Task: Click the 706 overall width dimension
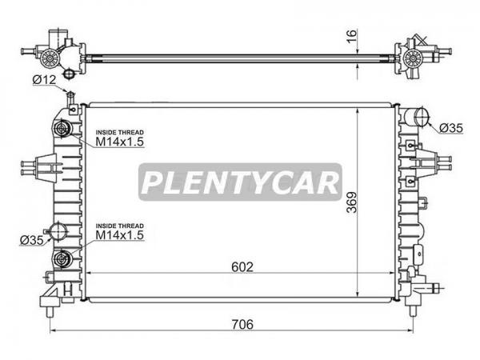coord(242,325)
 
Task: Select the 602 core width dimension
coord(242,267)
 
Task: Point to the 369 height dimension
coord(352,202)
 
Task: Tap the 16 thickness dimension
coord(352,37)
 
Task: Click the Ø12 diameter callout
coord(44,80)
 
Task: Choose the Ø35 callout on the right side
coord(451,128)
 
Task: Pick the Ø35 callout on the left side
coord(32,240)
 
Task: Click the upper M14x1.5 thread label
coord(120,142)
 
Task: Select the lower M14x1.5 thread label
coord(120,235)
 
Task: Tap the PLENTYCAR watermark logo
coord(240,182)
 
